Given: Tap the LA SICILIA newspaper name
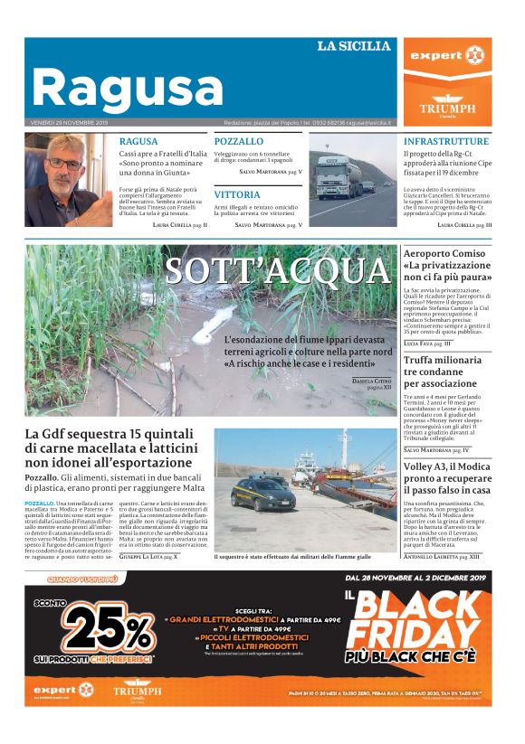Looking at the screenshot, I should pos(353,45).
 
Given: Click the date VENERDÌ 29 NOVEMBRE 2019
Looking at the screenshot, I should pos(69,123).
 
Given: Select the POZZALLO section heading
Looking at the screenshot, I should pos(238,142).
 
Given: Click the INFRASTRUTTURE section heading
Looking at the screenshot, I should pos(446,142).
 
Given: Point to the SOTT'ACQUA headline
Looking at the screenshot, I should pos(277,270).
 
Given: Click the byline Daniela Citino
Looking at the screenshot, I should pos(371,382).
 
